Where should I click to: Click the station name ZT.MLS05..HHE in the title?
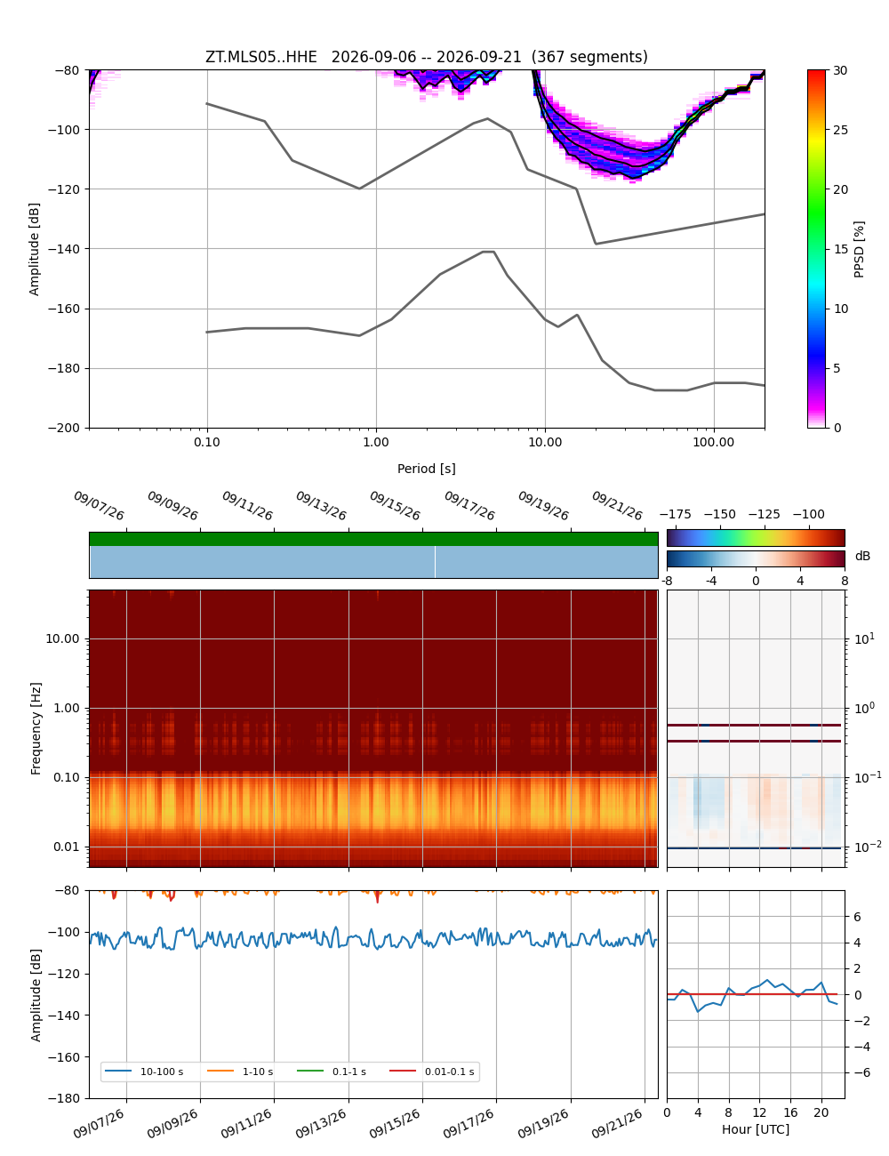tap(260, 57)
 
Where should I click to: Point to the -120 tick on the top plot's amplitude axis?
tap(64, 189)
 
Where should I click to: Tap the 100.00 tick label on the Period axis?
tap(713, 442)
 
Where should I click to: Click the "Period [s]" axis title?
tap(426, 468)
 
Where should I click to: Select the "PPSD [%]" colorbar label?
tap(858, 249)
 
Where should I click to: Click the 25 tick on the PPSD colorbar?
tap(840, 130)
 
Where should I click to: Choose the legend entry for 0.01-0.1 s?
tap(432, 1071)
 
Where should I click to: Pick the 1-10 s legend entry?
tap(240, 1071)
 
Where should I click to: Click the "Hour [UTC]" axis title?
tap(755, 1128)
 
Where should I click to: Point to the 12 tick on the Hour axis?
tap(758, 1112)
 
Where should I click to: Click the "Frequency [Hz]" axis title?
tap(36, 728)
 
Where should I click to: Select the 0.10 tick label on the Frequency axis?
tap(66, 777)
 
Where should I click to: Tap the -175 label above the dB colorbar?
tap(675, 514)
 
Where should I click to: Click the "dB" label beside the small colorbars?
tap(862, 556)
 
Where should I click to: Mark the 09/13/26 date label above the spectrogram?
tap(321, 505)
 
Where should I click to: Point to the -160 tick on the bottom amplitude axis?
tap(64, 1057)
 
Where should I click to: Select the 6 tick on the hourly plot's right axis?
tap(857, 916)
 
